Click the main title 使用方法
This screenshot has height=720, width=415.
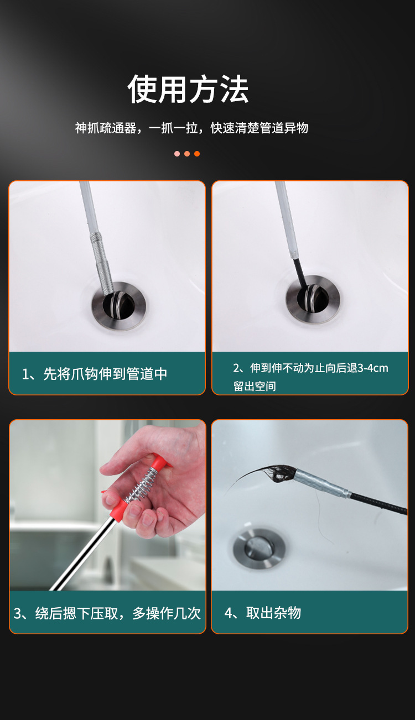click(x=188, y=89)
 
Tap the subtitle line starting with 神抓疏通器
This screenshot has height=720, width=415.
click(x=192, y=128)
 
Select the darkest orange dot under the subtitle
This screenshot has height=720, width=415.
click(x=197, y=154)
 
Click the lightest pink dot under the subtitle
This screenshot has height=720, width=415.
click(x=177, y=154)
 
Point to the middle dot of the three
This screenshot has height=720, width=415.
click(x=187, y=154)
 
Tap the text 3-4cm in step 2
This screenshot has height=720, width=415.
click(x=373, y=368)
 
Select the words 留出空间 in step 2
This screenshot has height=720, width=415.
click(x=255, y=386)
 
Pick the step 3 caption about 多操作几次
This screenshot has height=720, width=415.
click(x=107, y=613)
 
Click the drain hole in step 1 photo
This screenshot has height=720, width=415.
click(x=119, y=305)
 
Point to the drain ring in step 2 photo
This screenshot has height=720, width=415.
click(x=313, y=300)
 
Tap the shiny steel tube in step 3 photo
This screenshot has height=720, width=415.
click(x=84, y=552)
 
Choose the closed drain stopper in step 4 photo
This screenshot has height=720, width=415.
click(x=260, y=548)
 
